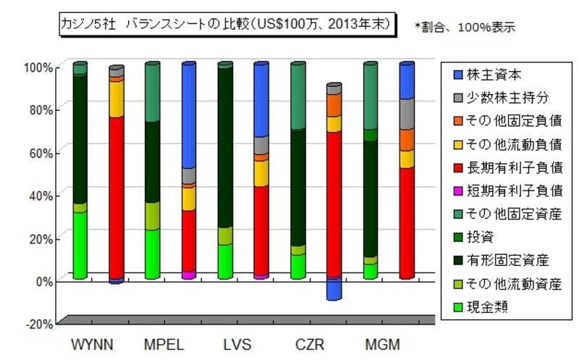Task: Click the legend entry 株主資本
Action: tap(493, 74)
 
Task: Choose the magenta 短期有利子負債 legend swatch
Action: tap(453, 191)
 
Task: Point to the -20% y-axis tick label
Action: tap(38, 323)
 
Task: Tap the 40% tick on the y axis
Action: tap(40, 196)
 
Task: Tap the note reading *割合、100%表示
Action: tap(465, 27)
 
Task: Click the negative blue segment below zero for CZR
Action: tap(334, 290)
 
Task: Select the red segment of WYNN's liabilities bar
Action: tap(116, 196)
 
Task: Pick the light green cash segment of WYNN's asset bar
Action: tap(80, 245)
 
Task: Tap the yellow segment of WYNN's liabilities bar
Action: tap(116, 99)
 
